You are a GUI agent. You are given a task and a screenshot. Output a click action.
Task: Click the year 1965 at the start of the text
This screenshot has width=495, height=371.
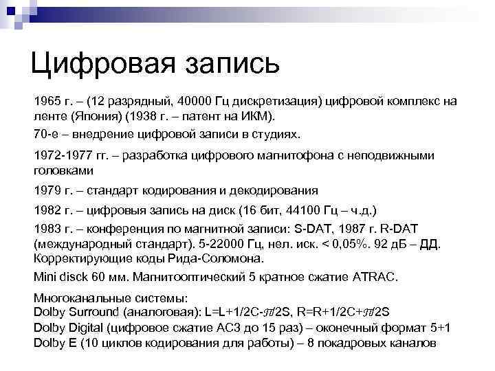pos(47,102)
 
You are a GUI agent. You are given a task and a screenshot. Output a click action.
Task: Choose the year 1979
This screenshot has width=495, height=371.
pos(47,190)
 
